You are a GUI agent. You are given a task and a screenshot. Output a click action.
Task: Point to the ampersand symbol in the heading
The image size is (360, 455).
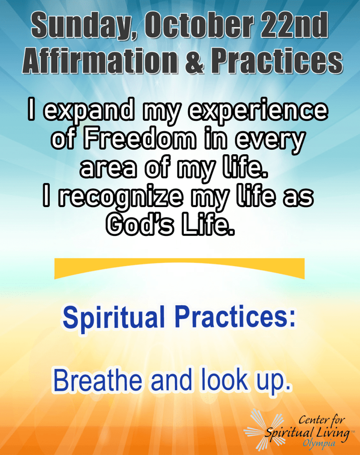(x=194, y=61)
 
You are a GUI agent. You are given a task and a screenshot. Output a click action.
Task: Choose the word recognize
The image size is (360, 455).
(x=121, y=199)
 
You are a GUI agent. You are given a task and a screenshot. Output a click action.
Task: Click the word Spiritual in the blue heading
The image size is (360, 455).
(x=114, y=318)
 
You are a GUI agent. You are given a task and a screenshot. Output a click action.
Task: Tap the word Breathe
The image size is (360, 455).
(x=98, y=380)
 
